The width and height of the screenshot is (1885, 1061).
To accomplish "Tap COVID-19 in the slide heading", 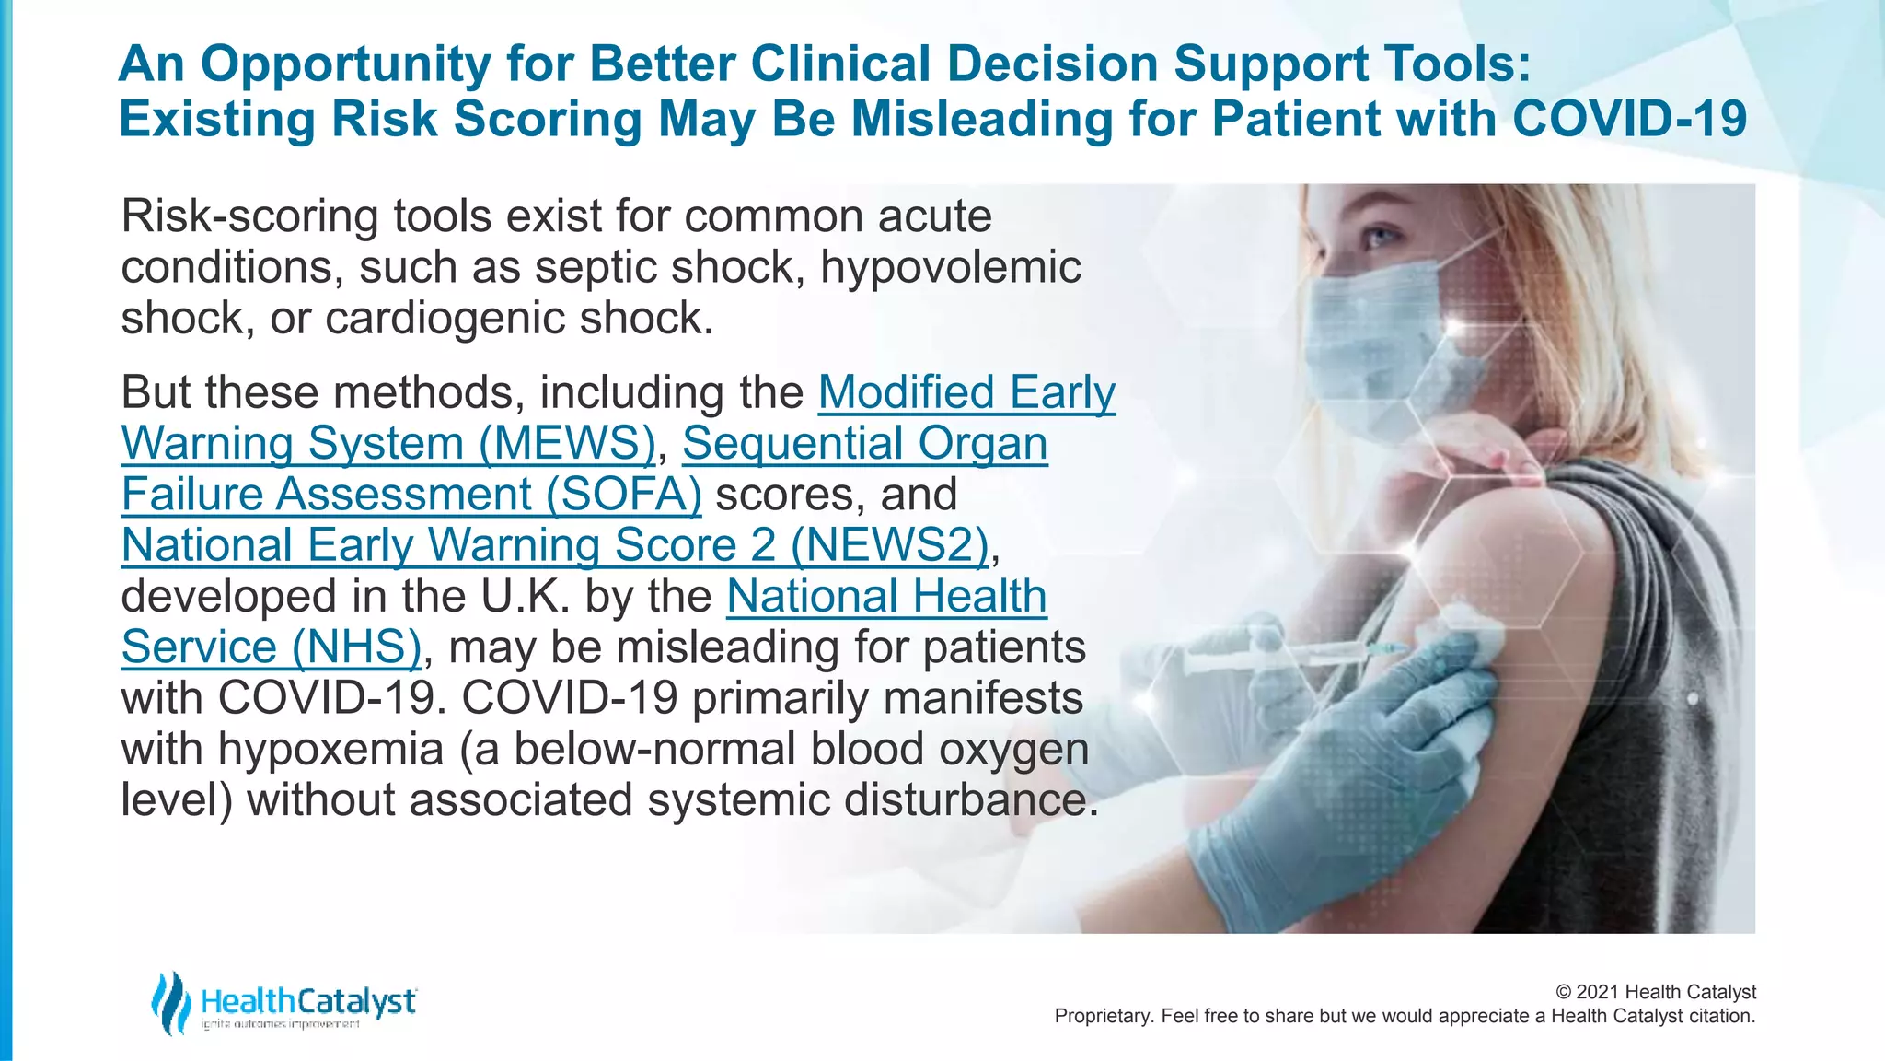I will tap(1628, 120).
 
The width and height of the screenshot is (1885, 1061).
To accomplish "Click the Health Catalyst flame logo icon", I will tap(171, 1002).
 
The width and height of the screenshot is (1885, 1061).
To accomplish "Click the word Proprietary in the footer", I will tap(1101, 1016).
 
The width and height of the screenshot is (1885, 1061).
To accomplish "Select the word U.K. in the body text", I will tap(525, 597).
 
